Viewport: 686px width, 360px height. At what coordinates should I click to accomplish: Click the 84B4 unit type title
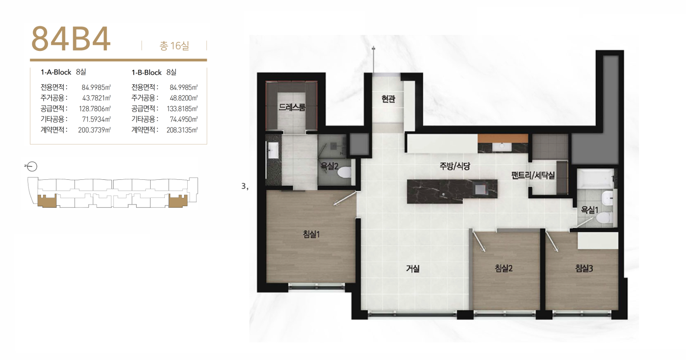(71, 39)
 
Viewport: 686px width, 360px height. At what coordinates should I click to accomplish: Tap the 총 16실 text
(174, 46)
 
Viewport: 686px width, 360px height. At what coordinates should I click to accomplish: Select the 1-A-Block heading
(56, 72)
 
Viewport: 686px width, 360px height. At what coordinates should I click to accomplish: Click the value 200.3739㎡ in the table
(94, 130)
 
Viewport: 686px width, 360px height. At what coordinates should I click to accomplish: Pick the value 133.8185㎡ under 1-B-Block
(182, 109)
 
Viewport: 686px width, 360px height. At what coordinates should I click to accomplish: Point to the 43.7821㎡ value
(97, 98)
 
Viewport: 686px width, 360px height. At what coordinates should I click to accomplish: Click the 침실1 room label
(311, 235)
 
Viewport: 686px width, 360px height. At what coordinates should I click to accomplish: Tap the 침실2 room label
(503, 269)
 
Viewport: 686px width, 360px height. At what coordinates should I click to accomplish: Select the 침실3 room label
(584, 269)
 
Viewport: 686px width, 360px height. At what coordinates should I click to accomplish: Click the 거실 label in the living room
(412, 269)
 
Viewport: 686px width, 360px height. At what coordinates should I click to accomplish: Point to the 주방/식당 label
(455, 166)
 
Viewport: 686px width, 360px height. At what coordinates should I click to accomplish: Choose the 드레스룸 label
(292, 107)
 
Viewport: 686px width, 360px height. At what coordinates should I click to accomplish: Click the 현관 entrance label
(388, 99)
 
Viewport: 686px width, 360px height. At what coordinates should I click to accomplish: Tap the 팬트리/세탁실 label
(533, 175)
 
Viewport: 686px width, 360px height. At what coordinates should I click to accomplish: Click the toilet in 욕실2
(344, 172)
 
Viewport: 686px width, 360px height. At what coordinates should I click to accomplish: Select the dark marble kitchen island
(452, 191)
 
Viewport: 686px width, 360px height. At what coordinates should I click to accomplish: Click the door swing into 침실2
(479, 241)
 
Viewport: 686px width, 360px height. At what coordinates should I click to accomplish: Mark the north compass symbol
(31, 166)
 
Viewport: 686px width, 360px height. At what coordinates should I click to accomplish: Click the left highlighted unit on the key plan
(47, 200)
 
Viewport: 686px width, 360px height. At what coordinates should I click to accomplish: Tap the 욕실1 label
(589, 210)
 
